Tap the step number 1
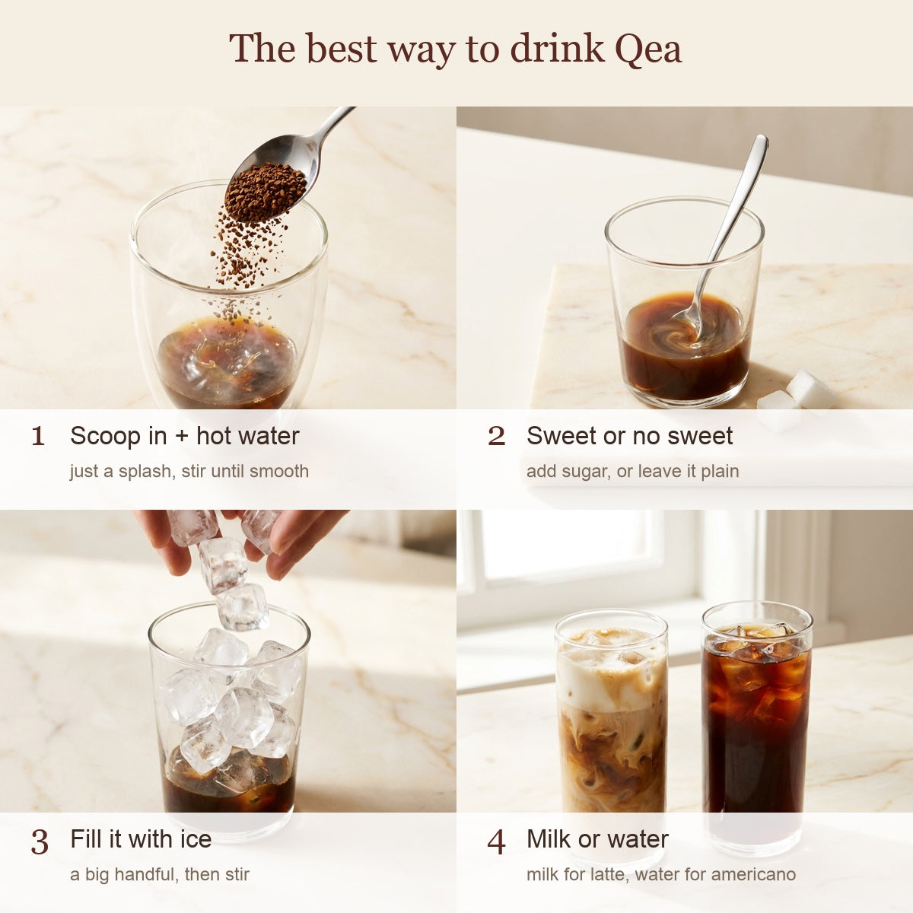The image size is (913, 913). coord(38,437)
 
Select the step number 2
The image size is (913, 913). coord(496,437)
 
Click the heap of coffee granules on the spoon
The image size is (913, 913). coord(266,191)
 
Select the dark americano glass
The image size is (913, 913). coord(756,724)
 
